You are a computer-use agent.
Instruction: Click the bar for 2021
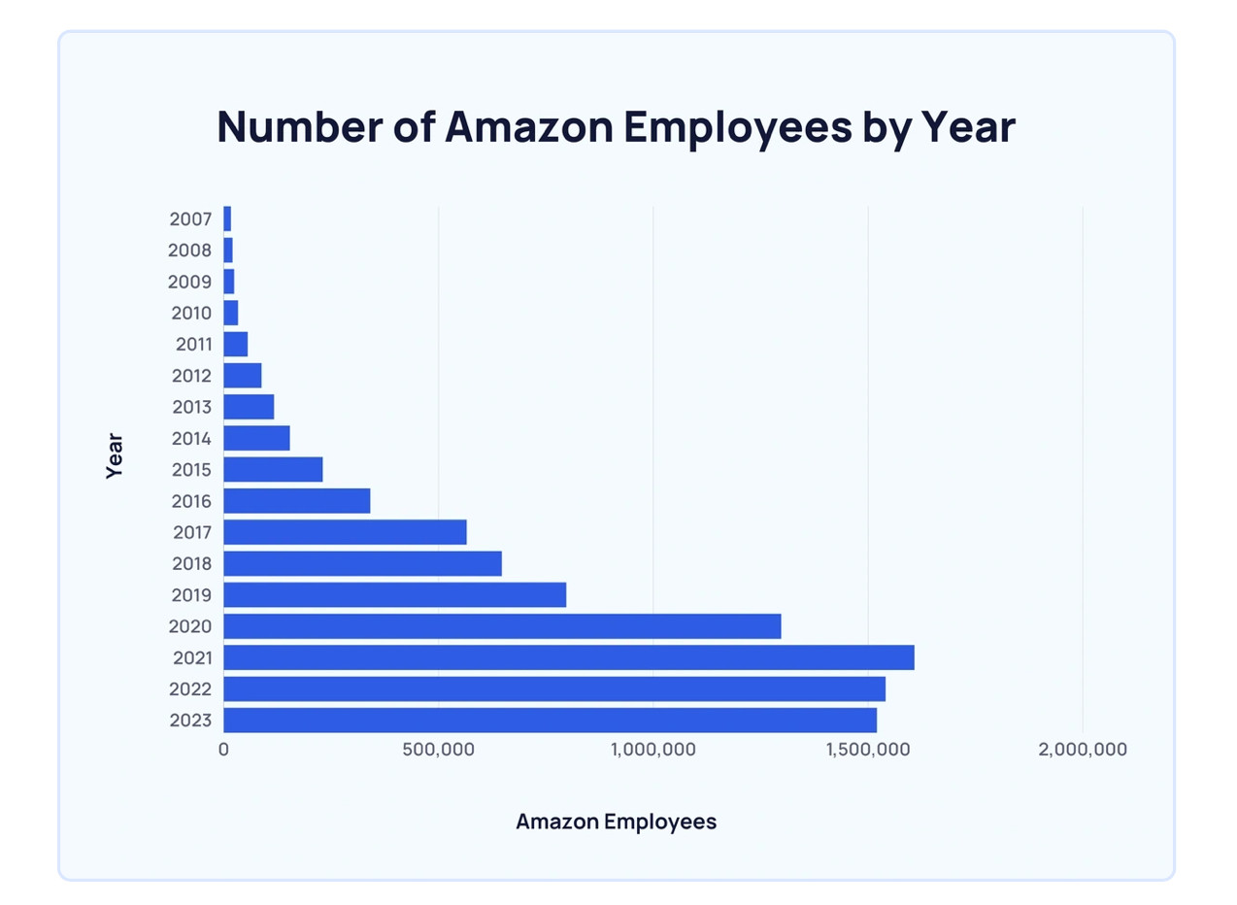568,657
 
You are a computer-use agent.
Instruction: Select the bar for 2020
502,626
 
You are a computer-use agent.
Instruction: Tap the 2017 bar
345,532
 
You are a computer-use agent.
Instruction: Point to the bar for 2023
550,721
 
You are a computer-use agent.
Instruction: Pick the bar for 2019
394,594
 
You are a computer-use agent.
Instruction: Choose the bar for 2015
273,469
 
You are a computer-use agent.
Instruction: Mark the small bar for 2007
227,218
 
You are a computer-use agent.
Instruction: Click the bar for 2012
243,375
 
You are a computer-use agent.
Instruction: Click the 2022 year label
190,689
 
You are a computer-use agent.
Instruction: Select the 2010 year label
190,313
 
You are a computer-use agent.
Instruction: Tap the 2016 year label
190,501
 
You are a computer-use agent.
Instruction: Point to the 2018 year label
190,563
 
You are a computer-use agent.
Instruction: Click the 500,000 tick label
438,750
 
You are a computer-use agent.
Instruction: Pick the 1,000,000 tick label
652,750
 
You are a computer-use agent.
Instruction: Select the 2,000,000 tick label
1082,750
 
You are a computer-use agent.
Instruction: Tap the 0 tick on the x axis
223,750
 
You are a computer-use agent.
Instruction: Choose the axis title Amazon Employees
616,821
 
